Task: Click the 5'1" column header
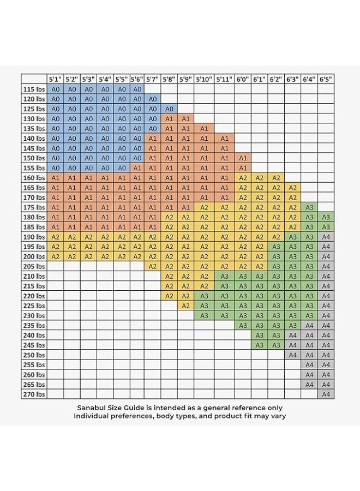click(55, 79)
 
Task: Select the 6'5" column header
click(326, 79)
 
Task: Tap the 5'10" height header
click(204, 79)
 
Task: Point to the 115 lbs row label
click(34, 89)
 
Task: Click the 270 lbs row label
click(34, 394)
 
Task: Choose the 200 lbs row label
click(34, 256)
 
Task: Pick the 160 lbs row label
click(34, 178)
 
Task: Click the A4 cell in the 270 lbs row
click(326, 394)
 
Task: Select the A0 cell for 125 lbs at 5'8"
click(169, 109)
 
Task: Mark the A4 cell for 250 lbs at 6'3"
click(293, 355)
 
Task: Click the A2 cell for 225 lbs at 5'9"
click(185, 306)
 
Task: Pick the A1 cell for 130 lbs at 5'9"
click(185, 118)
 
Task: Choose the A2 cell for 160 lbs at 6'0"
click(243, 178)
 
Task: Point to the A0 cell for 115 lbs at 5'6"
click(137, 89)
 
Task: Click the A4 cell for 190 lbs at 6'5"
click(326, 237)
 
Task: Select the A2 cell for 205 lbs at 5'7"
click(153, 266)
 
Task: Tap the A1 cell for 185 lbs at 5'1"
click(55, 227)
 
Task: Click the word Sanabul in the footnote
click(93, 408)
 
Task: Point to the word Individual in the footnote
click(93, 416)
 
